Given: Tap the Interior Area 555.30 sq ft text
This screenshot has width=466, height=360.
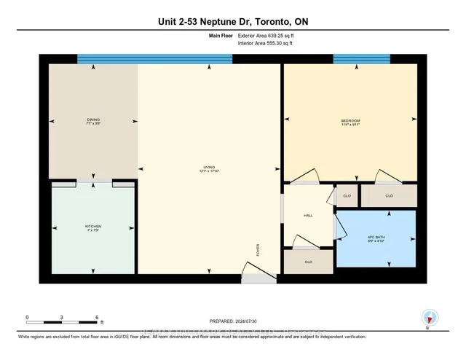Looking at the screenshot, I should point(267,43).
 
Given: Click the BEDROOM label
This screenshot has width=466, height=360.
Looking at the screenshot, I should point(350,121).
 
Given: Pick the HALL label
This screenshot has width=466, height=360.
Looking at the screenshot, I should point(308,214).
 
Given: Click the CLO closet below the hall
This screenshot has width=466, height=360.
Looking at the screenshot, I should point(309,261).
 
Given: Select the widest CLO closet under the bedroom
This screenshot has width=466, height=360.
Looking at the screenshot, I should point(389,195).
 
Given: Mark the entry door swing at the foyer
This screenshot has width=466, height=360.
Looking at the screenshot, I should point(254,278).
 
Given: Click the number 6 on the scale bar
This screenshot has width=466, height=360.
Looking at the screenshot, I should point(97,318).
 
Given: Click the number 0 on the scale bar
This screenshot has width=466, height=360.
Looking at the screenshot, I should point(27,318).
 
